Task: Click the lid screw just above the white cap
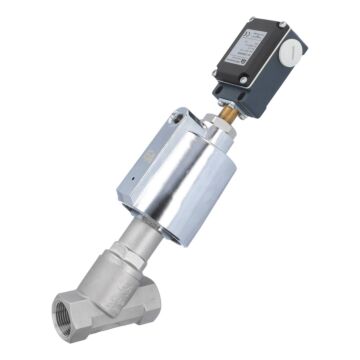(x=281, y=23)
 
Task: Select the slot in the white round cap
(x=288, y=46)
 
